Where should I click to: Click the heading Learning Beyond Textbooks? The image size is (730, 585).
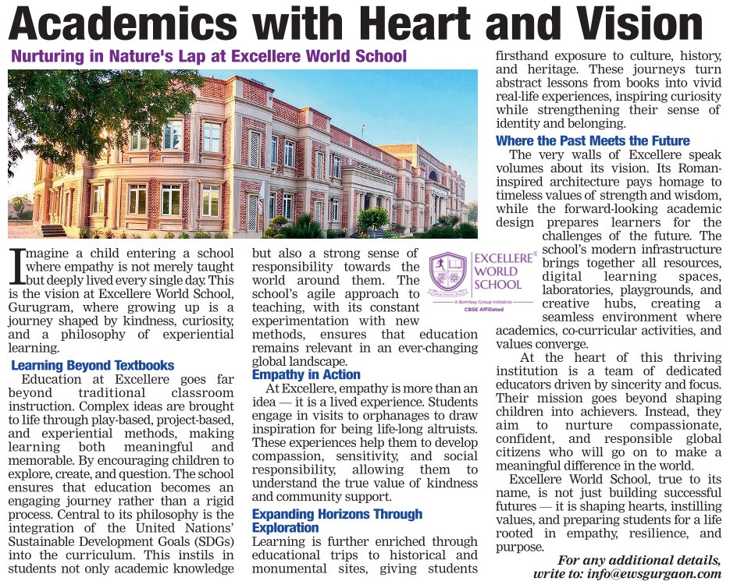(x=93, y=366)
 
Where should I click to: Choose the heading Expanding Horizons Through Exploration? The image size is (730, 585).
(x=337, y=521)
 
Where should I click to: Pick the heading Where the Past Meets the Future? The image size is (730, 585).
(x=593, y=141)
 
